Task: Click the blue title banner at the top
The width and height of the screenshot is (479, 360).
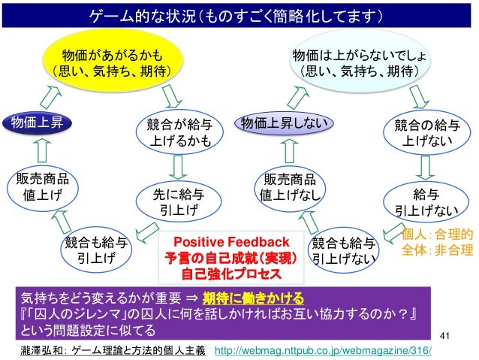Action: pos(239,15)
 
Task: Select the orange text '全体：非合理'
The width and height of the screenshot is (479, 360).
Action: pos(438,250)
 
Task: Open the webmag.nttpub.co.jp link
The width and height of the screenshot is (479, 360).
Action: pos(324,351)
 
